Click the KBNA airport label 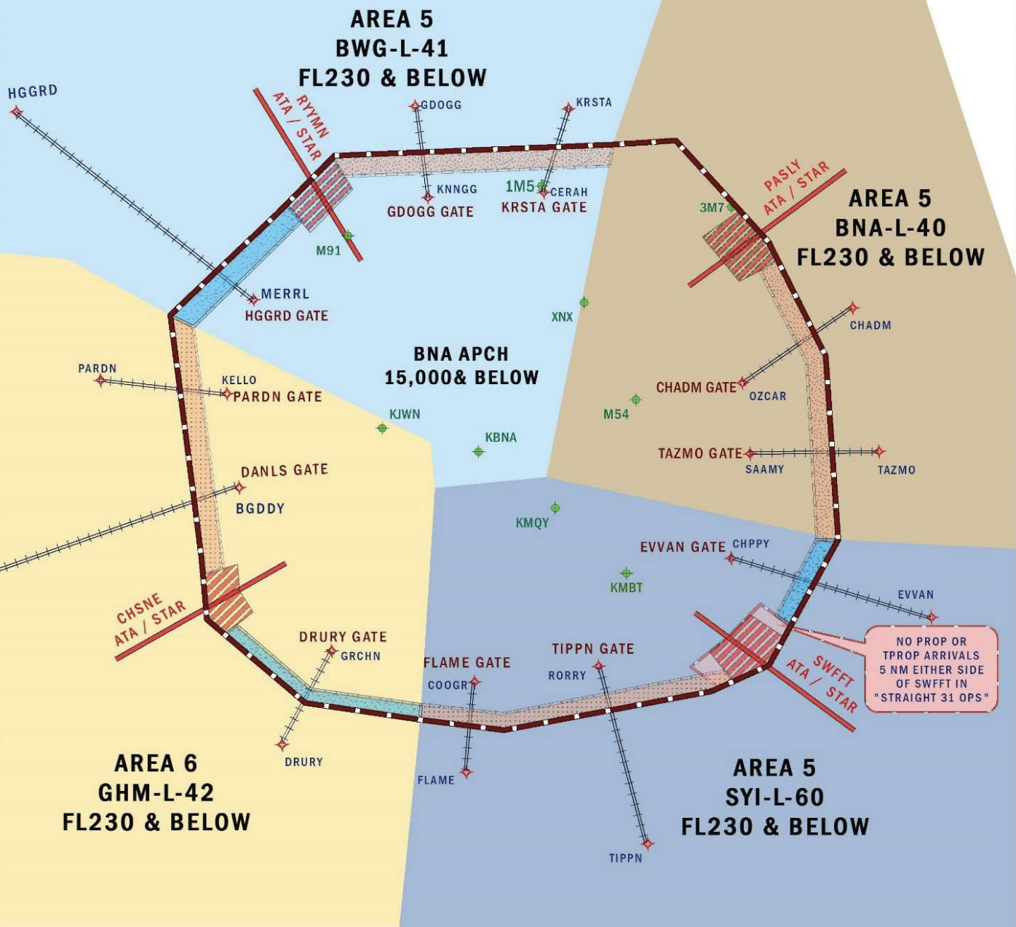(x=501, y=437)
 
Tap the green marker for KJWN (x=382, y=428)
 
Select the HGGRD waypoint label (x=33, y=92)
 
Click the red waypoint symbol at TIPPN (x=648, y=844)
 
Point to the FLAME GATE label (x=467, y=663)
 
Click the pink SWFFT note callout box (x=931, y=669)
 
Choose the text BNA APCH (x=461, y=354)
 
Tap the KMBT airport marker (x=626, y=573)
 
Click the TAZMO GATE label (x=699, y=453)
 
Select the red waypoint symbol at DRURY (x=282, y=744)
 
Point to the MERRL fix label (x=285, y=294)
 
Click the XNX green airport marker (x=584, y=303)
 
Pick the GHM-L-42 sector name (x=156, y=792)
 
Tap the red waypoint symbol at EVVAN (x=932, y=617)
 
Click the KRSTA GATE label (x=544, y=207)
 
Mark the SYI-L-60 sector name (x=774, y=797)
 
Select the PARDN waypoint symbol (x=100, y=380)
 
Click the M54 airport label (x=616, y=415)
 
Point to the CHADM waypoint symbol (x=854, y=308)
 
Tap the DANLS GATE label (x=284, y=471)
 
